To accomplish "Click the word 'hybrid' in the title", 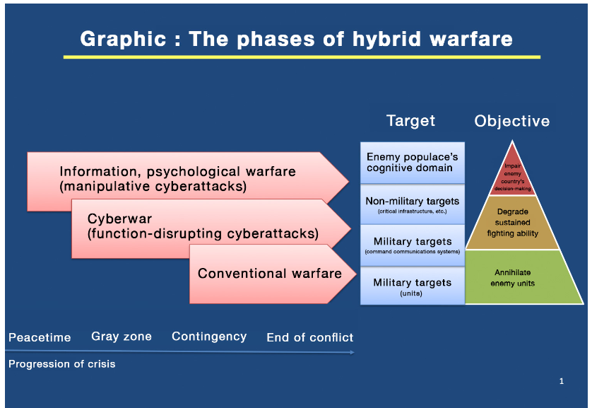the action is click(x=386, y=40).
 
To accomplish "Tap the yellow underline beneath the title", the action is click(x=302, y=57).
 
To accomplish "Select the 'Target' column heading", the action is click(x=410, y=121).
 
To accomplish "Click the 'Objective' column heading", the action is click(x=512, y=121).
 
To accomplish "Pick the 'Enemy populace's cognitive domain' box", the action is click(x=413, y=163).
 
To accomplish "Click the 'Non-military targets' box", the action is click(x=413, y=204).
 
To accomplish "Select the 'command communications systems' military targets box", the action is click(x=413, y=245).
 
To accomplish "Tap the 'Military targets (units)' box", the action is click(x=413, y=286).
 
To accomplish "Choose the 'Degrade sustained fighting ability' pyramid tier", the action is click(x=512, y=223).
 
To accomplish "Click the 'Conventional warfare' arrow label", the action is click(x=270, y=274).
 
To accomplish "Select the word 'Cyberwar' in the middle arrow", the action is click(x=119, y=218).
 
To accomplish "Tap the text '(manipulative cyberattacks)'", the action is click(x=153, y=187).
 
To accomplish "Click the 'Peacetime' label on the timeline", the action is click(x=40, y=337).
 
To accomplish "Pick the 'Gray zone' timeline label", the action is click(x=122, y=336).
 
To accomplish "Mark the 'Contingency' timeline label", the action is click(x=209, y=337).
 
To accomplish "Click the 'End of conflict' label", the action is click(x=309, y=337).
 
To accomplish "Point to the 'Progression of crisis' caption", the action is click(x=62, y=363).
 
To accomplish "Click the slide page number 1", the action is click(x=562, y=381).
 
